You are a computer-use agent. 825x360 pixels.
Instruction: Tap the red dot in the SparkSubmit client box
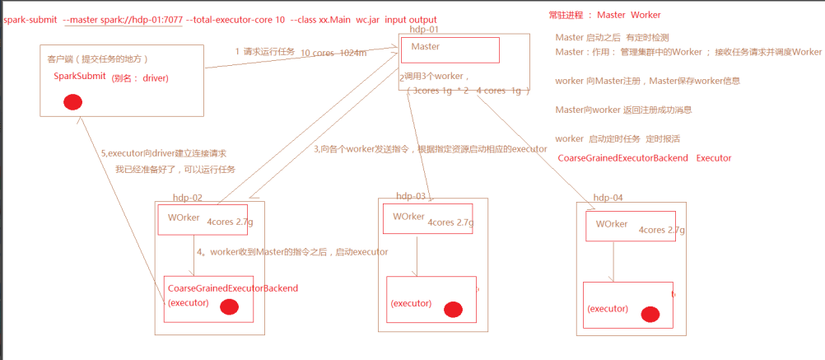pos(72,102)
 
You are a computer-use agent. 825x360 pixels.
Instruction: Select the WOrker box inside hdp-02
pos(191,220)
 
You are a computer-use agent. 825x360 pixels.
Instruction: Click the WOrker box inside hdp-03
pos(426,218)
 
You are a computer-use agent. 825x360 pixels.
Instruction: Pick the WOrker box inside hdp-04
pos(630,226)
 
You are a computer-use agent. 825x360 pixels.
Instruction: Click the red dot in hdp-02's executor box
pos(230,307)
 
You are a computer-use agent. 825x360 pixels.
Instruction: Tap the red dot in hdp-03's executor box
pos(453,310)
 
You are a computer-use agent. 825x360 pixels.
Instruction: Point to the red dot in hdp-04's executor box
pos(650,314)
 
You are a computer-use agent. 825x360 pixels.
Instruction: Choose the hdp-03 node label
pos(411,196)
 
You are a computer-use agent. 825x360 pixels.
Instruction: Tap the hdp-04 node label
pos(608,198)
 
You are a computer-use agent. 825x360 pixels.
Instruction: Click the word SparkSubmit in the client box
pos(79,77)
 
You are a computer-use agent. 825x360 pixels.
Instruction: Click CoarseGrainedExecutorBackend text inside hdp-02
pos(232,288)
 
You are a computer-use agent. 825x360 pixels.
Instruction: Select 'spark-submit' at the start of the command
pos(30,19)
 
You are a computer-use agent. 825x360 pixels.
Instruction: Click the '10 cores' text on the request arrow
pos(316,53)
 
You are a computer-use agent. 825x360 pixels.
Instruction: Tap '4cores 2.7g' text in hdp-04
pos(662,230)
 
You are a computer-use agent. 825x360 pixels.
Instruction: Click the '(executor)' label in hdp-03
pos(411,303)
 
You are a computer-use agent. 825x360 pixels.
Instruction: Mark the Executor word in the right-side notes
pos(713,157)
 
